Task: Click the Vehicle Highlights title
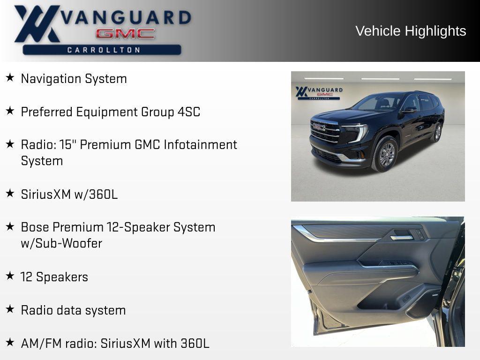[411, 31]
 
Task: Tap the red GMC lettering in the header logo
[125, 34]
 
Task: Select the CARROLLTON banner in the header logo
[103, 50]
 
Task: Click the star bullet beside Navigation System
[10, 77]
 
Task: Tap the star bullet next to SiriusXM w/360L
[10, 193]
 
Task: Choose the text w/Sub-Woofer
[61, 244]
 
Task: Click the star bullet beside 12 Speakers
[10, 276]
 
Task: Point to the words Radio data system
[73, 310]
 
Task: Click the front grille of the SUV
[324, 131]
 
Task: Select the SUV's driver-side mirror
[409, 110]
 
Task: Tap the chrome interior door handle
[402, 238]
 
